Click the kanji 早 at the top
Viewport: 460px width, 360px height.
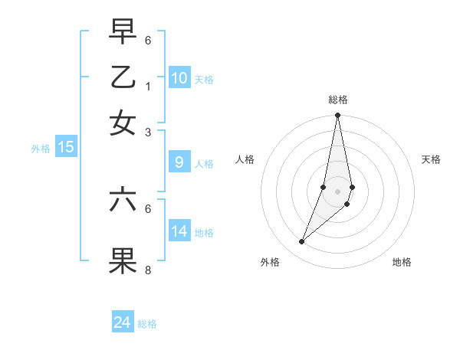point(123,31)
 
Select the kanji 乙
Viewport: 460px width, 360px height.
point(123,77)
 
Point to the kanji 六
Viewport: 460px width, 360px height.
point(123,200)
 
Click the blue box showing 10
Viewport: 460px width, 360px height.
point(179,78)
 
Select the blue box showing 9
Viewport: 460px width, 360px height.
point(179,162)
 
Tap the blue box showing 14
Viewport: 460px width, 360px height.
point(179,231)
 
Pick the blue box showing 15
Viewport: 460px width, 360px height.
point(65,148)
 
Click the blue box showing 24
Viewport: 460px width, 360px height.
point(123,322)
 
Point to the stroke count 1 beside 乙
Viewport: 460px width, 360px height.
point(148,86)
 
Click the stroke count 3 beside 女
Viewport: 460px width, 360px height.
point(148,132)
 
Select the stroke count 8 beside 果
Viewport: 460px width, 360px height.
point(148,270)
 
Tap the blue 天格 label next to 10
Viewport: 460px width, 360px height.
point(204,80)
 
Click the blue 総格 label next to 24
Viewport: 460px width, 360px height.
point(147,324)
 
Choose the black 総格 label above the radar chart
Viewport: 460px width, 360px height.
point(337,100)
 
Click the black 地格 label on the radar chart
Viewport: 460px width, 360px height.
point(402,262)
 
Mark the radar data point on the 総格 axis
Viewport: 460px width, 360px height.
point(337,116)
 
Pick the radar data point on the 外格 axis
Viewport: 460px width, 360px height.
point(301,242)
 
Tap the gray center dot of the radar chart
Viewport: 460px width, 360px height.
point(337,191)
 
